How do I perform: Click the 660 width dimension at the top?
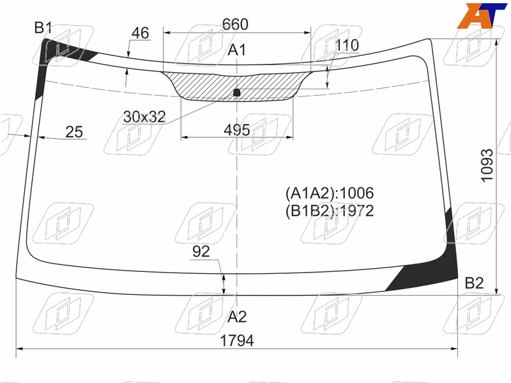point(235,24)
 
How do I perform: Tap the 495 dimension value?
point(237,130)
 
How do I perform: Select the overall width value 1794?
point(237,341)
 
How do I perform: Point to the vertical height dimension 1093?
point(487,165)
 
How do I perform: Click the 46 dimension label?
point(141,33)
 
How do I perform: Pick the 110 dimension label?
point(347,45)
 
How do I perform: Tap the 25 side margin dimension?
point(74,132)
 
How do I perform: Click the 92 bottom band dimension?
point(201,252)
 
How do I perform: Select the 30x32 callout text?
point(144,117)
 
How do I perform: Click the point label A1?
point(237,50)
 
